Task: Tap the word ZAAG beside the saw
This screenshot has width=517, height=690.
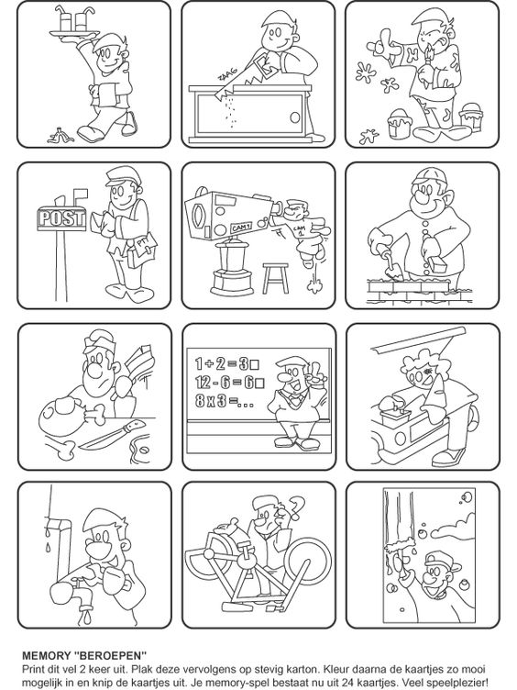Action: tap(226, 73)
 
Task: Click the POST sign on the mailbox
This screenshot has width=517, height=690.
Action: tap(61, 218)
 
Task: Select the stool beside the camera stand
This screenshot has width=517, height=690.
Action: tap(276, 278)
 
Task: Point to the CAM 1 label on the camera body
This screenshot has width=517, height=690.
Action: tap(241, 227)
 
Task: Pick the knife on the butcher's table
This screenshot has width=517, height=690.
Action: tap(113, 435)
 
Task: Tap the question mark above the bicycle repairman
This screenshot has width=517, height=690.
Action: tap(297, 507)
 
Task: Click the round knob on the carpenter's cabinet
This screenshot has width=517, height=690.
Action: tap(295, 117)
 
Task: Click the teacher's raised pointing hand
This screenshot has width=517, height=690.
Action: tap(317, 372)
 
